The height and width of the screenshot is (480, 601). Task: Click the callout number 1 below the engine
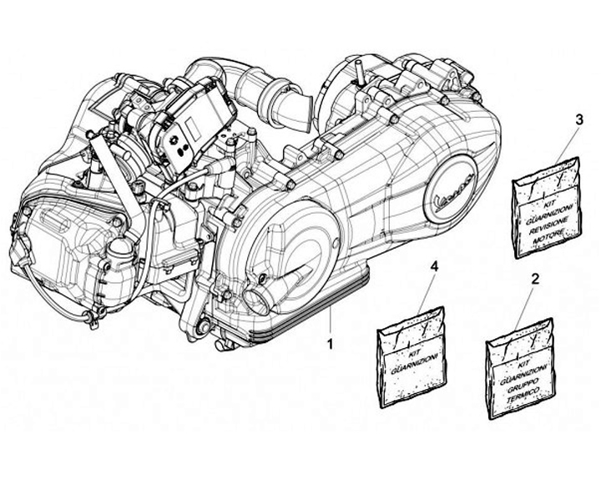(331, 343)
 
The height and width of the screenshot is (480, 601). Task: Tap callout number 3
(578, 120)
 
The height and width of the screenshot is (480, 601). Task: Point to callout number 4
(432, 265)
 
